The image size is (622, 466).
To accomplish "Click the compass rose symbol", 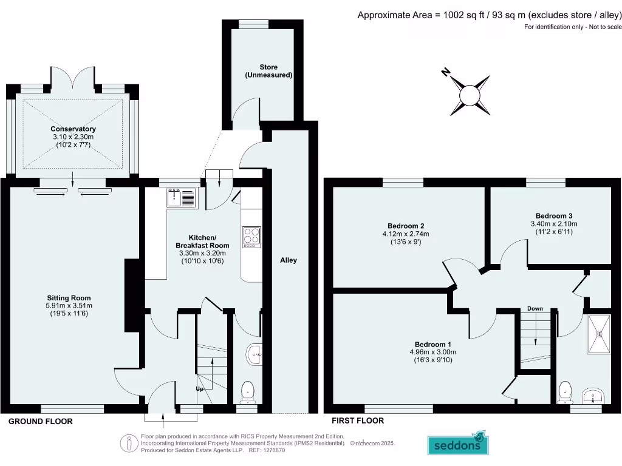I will [x=470, y=95].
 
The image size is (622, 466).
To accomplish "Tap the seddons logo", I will [x=459, y=444].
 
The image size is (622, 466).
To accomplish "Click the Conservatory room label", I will [x=73, y=129].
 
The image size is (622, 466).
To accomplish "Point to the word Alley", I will [x=289, y=260].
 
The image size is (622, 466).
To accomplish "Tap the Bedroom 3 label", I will [x=553, y=215].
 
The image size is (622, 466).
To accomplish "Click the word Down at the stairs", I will [x=535, y=309].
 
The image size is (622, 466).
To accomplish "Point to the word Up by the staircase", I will [x=199, y=389].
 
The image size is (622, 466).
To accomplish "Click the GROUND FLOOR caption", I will [x=40, y=421].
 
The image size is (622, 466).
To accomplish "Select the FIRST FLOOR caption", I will [x=357, y=420].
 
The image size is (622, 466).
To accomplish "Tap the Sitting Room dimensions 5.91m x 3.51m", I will [x=69, y=306].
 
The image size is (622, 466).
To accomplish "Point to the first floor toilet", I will [x=565, y=391].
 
